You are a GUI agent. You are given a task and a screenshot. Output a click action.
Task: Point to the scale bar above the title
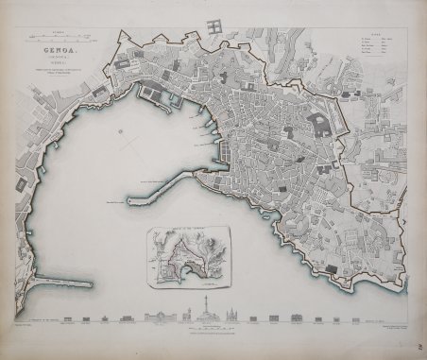58,37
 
